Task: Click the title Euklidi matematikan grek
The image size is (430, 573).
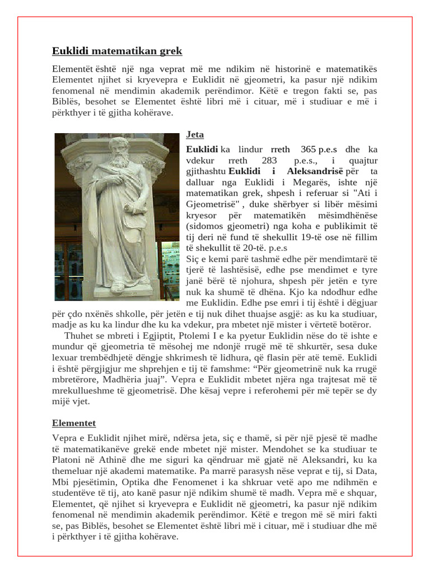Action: pos(117,51)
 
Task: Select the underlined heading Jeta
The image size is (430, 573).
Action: pos(195,135)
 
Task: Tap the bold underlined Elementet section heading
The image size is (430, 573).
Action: pos(74,424)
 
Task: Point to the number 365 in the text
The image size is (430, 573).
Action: pos(309,149)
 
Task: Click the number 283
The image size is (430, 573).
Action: pos(269,160)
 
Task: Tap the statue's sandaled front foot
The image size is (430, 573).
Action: pos(117,288)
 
